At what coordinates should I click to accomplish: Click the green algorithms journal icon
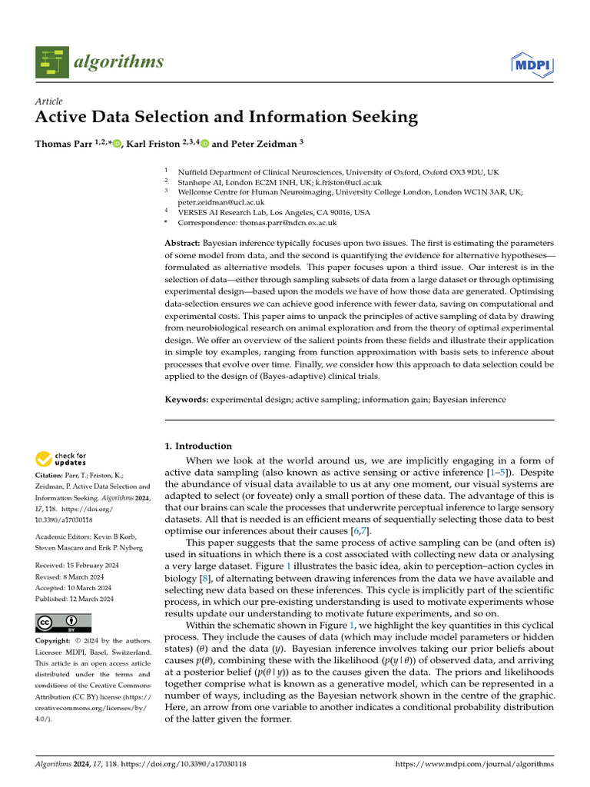[51, 62]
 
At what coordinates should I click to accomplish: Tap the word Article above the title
[49, 101]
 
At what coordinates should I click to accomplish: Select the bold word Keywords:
[187, 400]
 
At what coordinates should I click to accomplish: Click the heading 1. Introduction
[198, 446]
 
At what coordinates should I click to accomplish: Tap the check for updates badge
[61, 460]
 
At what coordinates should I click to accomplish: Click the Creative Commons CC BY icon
[63, 623]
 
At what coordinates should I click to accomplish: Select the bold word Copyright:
[58, 641]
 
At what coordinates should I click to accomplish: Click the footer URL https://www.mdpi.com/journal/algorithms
[474, 764]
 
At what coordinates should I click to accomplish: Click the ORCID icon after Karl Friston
[205, 144]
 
